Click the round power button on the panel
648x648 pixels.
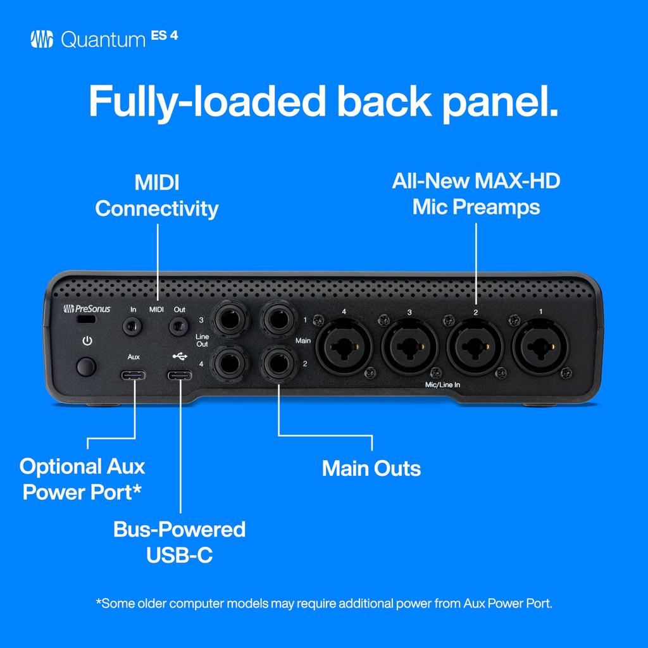tap(87, 366)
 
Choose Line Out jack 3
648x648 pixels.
tap(230, 318)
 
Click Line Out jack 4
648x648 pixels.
tap(230, 364)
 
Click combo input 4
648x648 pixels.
tap(344, 346)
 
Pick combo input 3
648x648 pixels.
tap(409, 346)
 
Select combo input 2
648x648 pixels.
tap(475, 346)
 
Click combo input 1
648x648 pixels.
tap(540, 346)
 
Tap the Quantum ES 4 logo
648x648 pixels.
tap(104, 40)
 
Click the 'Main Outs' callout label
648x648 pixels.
tap(371, 469)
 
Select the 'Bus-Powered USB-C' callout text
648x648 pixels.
tap(180, 542)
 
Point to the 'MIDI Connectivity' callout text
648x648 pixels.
tap(157, 196)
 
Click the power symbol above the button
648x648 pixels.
tap(87, 342)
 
